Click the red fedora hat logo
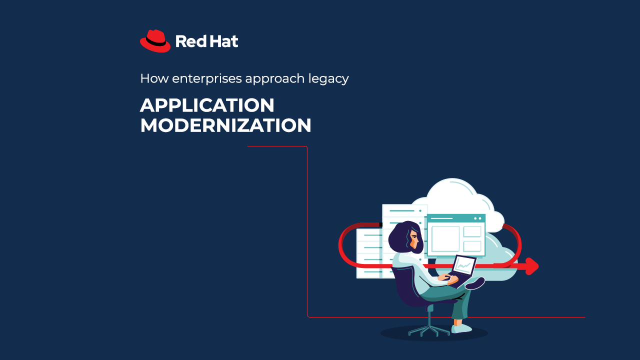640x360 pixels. point(155,41)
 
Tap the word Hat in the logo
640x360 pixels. point(223,41)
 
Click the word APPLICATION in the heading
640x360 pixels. point(207,105)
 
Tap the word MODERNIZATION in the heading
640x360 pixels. point(225,125)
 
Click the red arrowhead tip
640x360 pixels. point(538,266)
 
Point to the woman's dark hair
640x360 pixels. point(403,237)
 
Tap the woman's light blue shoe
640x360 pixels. point(461,328)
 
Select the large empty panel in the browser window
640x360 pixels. point(445,239)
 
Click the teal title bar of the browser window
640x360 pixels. point(456,218)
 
